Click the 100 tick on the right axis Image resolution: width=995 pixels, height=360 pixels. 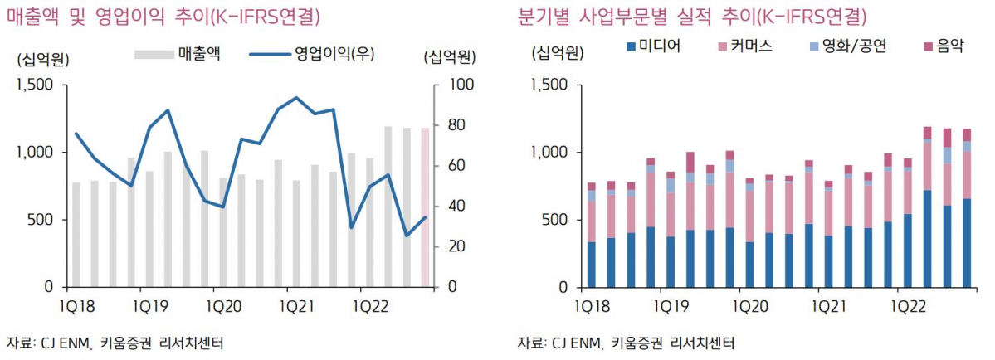point(461,85)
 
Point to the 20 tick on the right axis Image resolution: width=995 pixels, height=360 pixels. point(458,246)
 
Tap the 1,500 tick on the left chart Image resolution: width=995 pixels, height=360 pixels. point(36,85)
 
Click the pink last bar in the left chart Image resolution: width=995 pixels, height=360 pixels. point(426,207)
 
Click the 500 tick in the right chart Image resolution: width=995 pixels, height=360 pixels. point(554,220)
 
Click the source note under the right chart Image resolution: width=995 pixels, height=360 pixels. point(626,343)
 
